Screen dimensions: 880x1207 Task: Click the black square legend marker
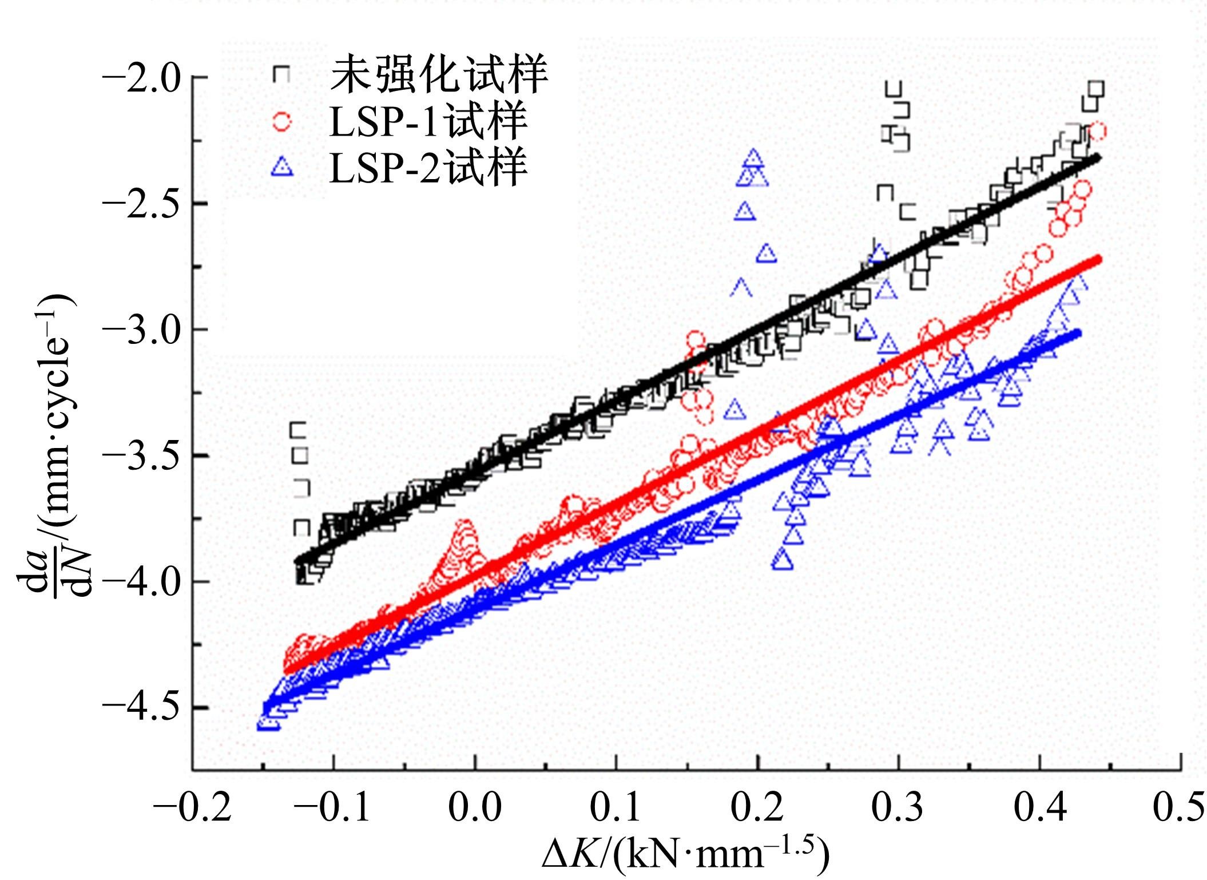click(281, 74)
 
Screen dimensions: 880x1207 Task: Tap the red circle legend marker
click(281, 121)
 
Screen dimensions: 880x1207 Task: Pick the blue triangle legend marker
click(281, 167)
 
